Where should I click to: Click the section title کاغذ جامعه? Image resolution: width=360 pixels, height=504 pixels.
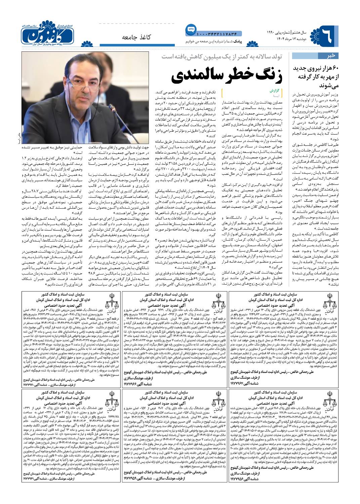click(x=136, y=37)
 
